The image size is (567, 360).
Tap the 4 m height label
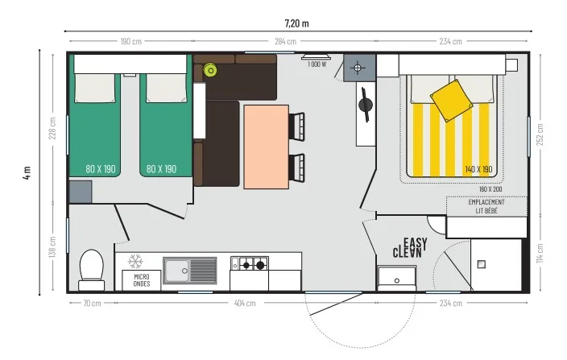[27, 172]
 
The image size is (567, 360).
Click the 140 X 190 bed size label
[478, 169]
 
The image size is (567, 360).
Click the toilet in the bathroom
[91, 267]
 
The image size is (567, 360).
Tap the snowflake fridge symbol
[136, 262]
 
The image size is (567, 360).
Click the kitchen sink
[190, 270]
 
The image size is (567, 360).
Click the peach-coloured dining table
[266, 146]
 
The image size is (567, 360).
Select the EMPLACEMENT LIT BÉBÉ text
[486, 206]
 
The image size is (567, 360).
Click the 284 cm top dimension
[285, 41]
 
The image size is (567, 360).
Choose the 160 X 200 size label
[490, 188]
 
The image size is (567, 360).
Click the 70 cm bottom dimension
[91, 304]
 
